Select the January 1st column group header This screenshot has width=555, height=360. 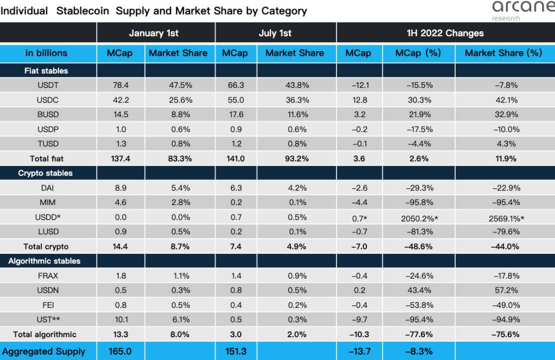tap(154, 33)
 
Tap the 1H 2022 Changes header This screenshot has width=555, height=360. tap(445, 33)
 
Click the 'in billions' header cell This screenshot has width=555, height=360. tap(46, 53)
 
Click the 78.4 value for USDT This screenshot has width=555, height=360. tap(121, 85)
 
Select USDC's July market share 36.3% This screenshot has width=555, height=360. tap(295, 100)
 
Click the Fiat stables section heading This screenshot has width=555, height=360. tap(46, 70)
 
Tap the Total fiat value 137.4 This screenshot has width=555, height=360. tap(121, 159)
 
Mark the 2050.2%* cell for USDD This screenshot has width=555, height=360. tap(417, 217)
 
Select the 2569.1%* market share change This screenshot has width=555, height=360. tap(504, 217)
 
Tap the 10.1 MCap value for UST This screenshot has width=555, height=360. tap(121, 319)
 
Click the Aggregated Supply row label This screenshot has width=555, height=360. tap(45, 351)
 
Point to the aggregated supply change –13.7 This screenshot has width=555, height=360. tap(358, 351)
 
